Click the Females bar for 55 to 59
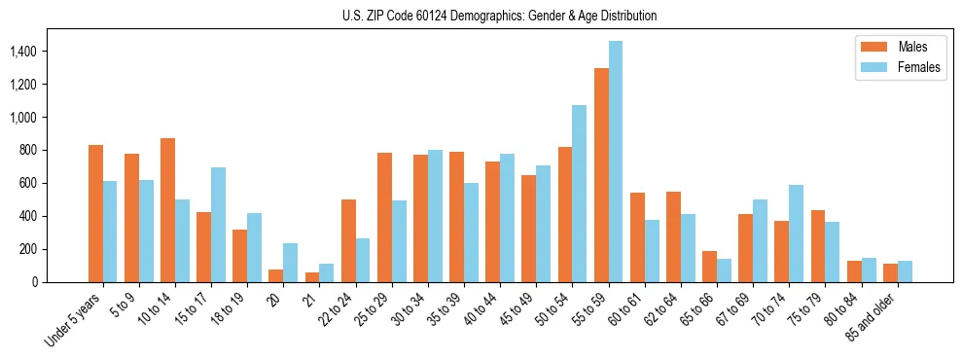click(616, 162)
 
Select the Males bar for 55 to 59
click(601, 175)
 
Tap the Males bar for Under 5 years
click(95, 213)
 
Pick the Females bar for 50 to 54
click(580, 194)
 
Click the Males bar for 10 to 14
click(167, 210)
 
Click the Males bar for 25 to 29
click(384, 217)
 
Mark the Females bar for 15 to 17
click(218, 225)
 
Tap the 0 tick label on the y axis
click(60, 282)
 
